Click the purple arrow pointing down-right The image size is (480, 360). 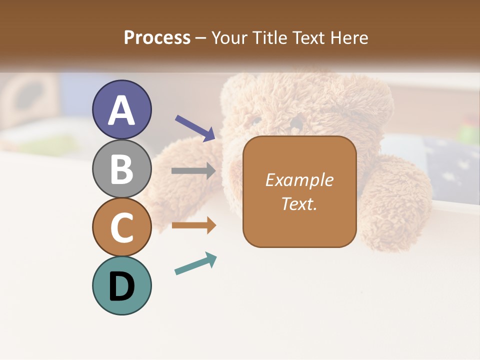pyautogui.click(x=195, y=128)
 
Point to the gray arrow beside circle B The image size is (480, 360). pyautogui.click(x=193, y=171)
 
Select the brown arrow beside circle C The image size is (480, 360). pyautogui.click(x=193, y=225)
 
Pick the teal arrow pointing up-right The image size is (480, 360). pyautogui.click(x=195, y=264)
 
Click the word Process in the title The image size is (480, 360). pyautogui.click(x=157, y=38)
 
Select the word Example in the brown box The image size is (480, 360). pyautogui.click(x=299, y=180)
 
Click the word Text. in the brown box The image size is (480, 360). pyautogui.click(x=299, y=203)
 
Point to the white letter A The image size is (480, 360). pyautogui.click(x=122, y=110)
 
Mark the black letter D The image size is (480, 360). pyautogui.click(x=122, y=287)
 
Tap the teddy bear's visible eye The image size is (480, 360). pyautogui.click(x=256, y=120)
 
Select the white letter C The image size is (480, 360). pyautogui.click(x=122, y=227)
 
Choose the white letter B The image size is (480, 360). pyautogui.click(x=122, y=169)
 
